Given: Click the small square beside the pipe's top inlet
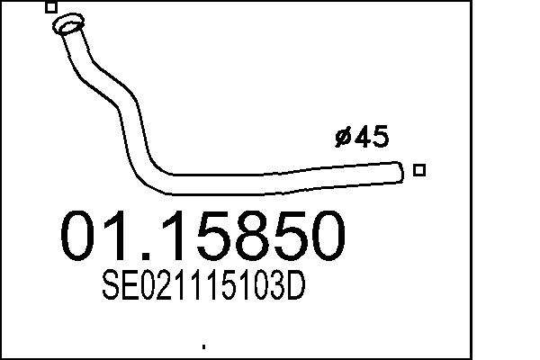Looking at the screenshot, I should tap(51, 7).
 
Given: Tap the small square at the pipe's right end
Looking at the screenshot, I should tap(418, 169).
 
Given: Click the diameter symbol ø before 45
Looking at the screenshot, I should tap(343, 137).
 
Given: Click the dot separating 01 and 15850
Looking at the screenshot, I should tap(157, 256).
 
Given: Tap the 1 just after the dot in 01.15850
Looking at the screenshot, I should tap(182, 236).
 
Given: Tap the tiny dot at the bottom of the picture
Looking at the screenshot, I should tap(204, 346).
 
